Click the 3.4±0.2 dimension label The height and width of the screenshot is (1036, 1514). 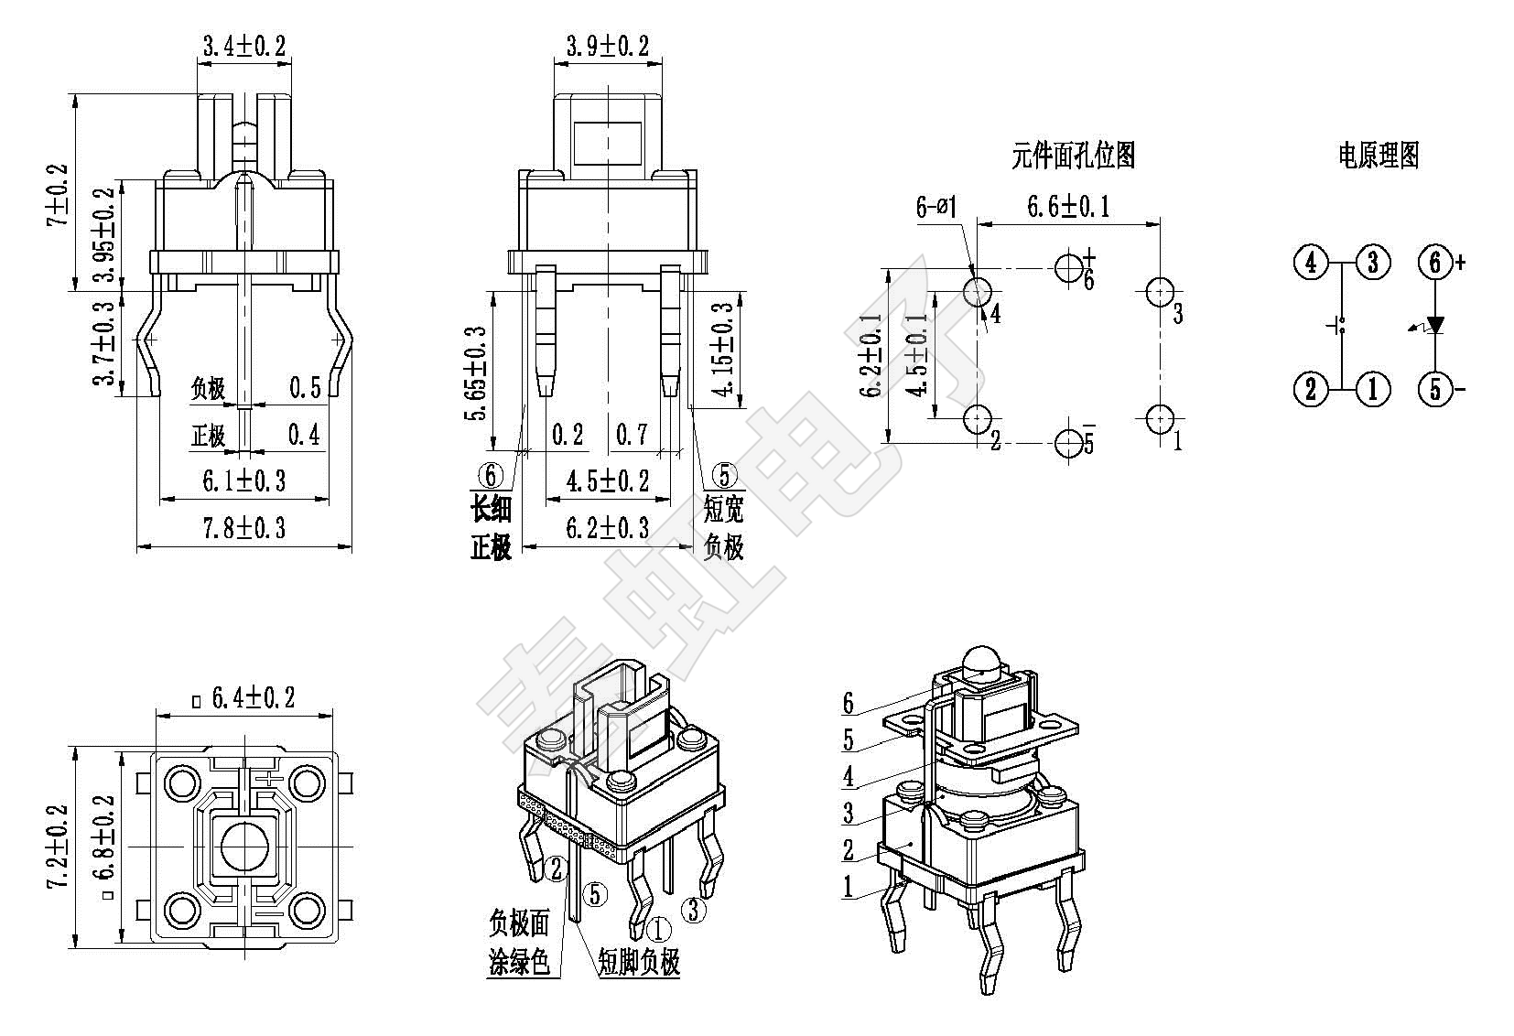(x=243, y=45)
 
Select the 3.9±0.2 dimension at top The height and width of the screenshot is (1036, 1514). (x=607, y=46)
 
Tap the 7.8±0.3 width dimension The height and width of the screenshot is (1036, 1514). (x=243, y=528)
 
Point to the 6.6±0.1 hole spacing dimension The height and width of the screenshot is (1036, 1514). (x=1068, y=206)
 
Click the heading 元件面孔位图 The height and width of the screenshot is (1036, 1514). (x=1073, y=156)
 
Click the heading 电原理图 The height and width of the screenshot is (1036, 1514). (x=1378, y=156)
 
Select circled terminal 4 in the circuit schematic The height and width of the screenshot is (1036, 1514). (x=1311, y=263)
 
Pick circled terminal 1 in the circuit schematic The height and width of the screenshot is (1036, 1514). (x=1372, y=389)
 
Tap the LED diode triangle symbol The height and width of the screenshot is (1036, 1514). (x=1435, y=325)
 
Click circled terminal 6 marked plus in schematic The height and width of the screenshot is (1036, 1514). (x=1435, y=263)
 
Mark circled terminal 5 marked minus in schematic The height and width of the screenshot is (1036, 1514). (x=1435, y=389)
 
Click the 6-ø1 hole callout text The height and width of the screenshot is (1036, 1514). (x=936, y=207)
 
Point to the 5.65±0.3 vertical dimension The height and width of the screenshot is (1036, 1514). (x=476, y=372)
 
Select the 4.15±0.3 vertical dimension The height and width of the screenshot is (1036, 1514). (x=723, y=350)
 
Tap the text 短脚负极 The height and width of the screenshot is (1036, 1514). (x=639, y=961)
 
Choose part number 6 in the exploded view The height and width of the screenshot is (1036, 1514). (x=849, y=703)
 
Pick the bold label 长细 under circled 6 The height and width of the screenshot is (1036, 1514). (x=491, y=509)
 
